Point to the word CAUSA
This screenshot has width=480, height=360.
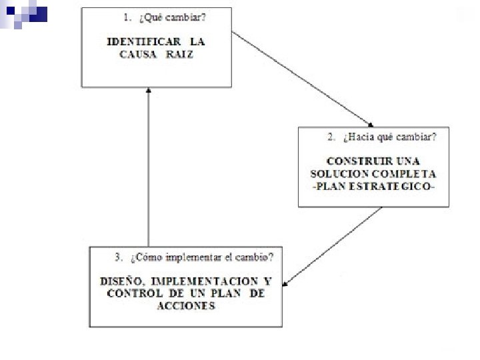(139, 55)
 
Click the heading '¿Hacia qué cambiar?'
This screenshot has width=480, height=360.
(387, 137)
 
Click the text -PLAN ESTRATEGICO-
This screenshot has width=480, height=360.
(373, 187)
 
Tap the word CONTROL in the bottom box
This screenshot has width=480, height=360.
(127, 293)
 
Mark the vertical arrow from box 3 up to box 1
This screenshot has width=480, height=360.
(148, 167)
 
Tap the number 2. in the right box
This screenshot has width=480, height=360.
(331, 137)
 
